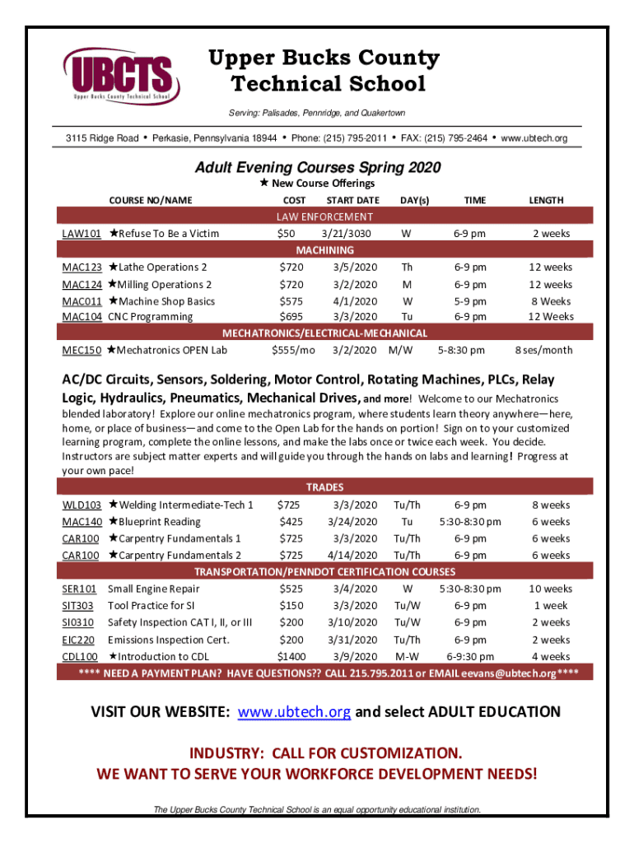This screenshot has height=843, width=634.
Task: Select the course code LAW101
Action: point(82,234)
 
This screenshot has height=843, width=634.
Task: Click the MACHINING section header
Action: point(324,250)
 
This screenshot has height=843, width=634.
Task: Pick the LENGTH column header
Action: point(546,200)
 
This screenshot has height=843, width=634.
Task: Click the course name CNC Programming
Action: point(150,317)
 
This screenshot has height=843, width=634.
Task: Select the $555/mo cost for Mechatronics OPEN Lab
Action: point(293,351)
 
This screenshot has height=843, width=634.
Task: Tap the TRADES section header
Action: point(324,487)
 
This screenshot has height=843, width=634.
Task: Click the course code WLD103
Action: point(82,505)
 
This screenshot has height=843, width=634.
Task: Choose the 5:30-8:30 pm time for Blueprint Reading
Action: point(469,522)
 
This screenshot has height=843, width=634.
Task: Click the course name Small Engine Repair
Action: point(153,589)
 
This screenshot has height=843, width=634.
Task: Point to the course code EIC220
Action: point(78,640)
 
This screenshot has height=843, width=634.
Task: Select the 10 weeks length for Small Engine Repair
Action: point(550,589)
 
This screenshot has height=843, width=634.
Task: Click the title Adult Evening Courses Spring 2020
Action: point(317,168)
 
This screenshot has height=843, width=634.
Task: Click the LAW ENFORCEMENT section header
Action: point(324,217)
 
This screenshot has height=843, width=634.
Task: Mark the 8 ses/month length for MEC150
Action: point(543,351)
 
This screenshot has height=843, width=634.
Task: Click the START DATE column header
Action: point(352,200)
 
